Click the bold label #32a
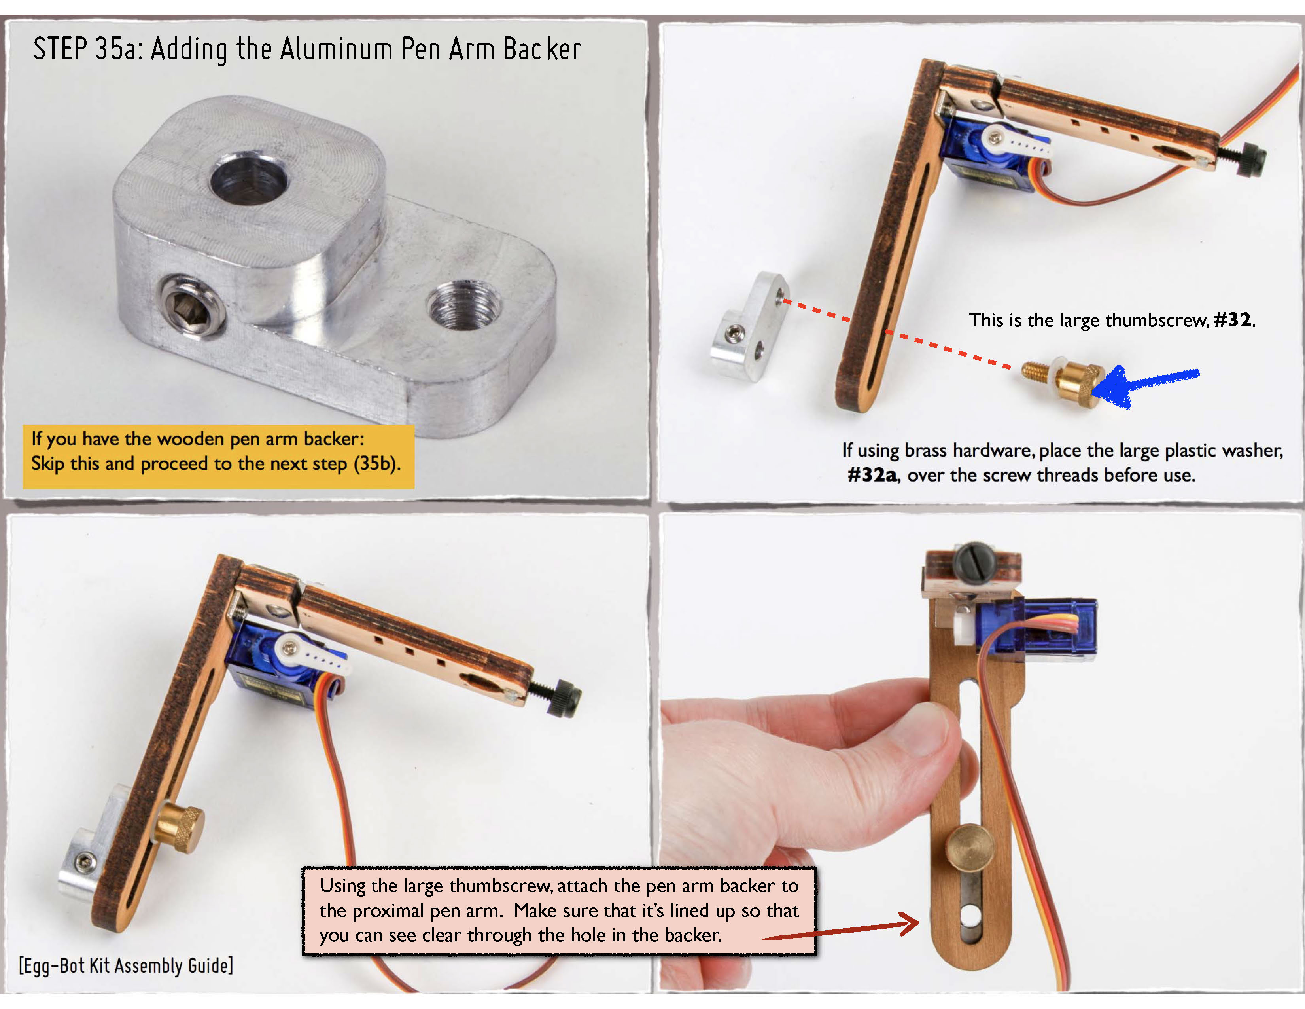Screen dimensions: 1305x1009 [x=872, y=475]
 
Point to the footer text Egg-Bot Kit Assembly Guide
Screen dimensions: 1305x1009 [x=125, y=965]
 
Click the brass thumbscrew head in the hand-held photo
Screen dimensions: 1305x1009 [x=969, y=845]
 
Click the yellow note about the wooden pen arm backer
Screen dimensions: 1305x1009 [x=219, y=456]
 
